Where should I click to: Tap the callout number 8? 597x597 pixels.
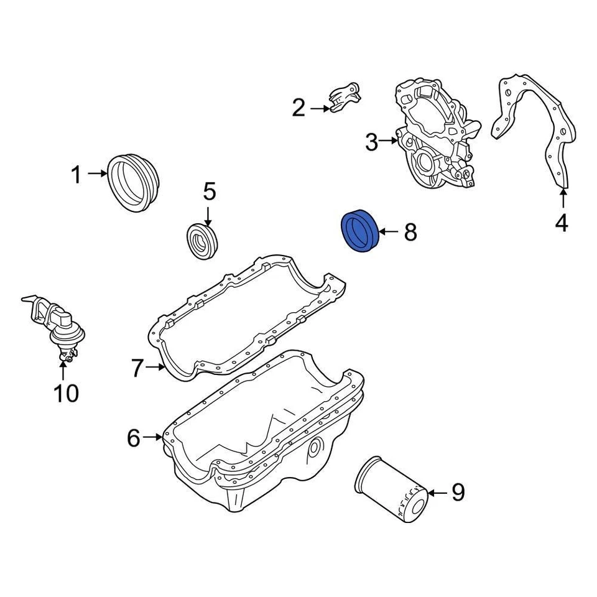(410, 233)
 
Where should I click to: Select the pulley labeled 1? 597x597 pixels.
(134, 182)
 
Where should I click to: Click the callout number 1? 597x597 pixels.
(76, 175)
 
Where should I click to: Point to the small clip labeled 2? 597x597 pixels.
(343, 98)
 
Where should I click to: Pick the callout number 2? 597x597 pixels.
(299, 108)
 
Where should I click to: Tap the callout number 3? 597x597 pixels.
(371, 143)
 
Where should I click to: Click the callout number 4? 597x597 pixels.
(561, 222)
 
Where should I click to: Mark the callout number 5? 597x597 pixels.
(209, 192)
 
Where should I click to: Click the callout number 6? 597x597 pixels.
(134, 438)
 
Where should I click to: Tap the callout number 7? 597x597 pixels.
(138, 368)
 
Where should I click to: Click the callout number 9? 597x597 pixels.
(458, 493)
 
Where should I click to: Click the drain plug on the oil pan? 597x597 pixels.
(316, 447)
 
